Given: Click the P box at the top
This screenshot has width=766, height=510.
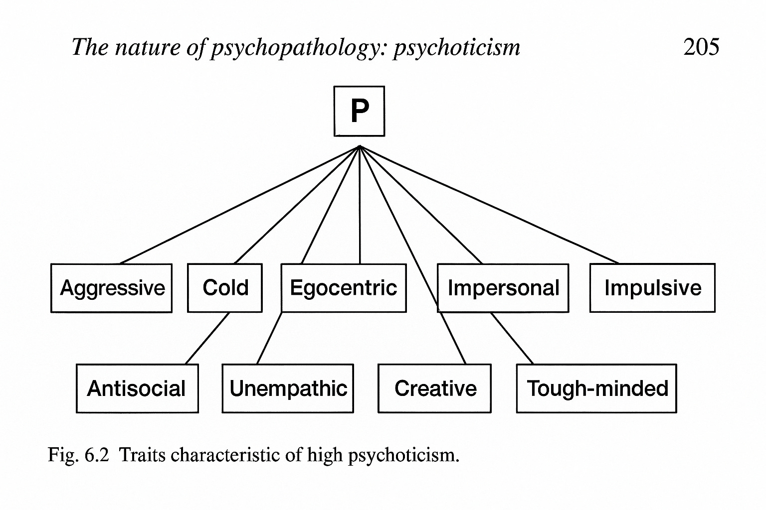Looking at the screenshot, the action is [x=359, y=111].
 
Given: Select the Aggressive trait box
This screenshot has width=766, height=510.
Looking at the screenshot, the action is [x=112, y=288].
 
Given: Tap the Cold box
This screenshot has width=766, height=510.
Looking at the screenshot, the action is [x=225, y=288].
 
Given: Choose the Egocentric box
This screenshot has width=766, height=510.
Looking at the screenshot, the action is [x=344, y=288].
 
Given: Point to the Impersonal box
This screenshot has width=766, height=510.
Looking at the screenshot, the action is [x=503, y=288].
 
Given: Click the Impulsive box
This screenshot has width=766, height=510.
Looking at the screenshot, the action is [x=652, y=288].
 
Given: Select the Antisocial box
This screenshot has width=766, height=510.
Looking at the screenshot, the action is [x=137, y=388].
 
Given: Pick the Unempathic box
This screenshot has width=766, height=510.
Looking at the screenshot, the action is [x=288, y=388].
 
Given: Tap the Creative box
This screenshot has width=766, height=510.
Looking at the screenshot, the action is [x=435, y=388].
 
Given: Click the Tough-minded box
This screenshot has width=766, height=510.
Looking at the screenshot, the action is [x=596, y=388].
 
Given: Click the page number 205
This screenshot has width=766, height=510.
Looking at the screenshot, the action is [x=701, y=47].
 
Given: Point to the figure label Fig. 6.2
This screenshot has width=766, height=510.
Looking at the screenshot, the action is [x=78, y=455].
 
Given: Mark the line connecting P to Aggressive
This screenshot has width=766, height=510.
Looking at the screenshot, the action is [x=239, y=205].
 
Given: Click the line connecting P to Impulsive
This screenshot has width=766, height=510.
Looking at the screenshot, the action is [x=489, y=205].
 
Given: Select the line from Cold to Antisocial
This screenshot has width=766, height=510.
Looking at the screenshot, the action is [x=207, y=338].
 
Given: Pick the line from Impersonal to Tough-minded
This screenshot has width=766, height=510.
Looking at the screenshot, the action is [x=512, y=338].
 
